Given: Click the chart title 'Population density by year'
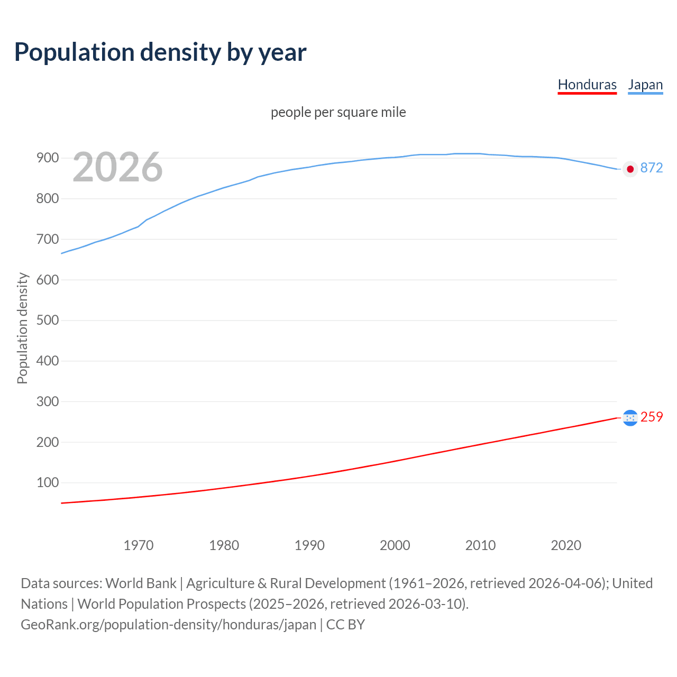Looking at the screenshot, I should click(x=160, y=52).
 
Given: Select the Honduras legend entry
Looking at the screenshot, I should click(x=587, y=85).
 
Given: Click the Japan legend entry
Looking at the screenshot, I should click(x=645, y=85).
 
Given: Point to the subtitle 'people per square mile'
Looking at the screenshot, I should click(x=338, y=112).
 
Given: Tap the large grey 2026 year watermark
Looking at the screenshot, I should click(x=117, y=167).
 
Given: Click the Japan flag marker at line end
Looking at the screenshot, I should click(x=630, y=169).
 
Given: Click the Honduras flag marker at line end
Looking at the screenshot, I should click(x=630, y=418).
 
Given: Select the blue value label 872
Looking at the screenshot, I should click(x=651, y=168).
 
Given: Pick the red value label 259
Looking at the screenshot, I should click(x=651, y=417).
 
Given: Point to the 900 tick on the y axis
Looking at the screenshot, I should click(x=47, y=158).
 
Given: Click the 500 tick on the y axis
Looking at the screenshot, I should click(x=47, y=321).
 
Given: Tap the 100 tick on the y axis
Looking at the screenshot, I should click(x=47, y=483).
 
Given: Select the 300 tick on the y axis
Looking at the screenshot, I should click(x=47, y=401).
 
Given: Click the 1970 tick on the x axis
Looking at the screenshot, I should click(x=139, y=545).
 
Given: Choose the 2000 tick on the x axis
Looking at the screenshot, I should click(x=395, y=545).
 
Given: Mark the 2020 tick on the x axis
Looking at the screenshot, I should click(x=566, y=545).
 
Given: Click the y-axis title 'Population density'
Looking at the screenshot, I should click(x=22, y=328).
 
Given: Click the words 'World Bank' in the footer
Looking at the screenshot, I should click(x=141, y=583).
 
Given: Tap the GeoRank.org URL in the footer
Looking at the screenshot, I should click(x=168, y=625).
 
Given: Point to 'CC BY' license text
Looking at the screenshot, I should click(x=345, y=625).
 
